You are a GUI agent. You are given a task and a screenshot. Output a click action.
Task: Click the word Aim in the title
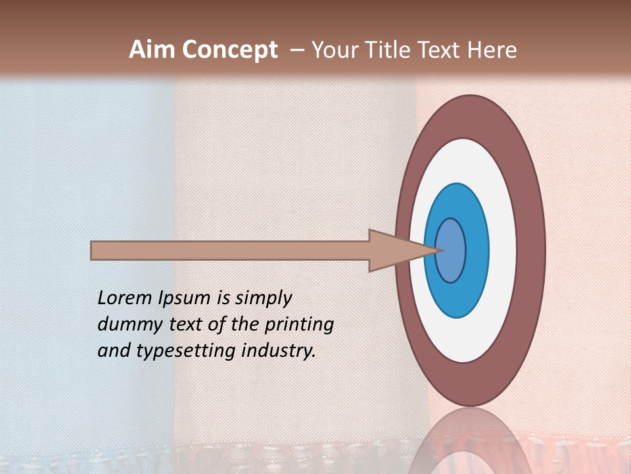[x=152, y=50]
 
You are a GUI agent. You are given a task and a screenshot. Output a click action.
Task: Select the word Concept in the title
[x=229, y=50]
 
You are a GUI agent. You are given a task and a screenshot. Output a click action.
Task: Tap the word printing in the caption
[x=299, y=325]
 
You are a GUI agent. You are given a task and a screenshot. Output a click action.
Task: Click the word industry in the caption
[x=279, y=351]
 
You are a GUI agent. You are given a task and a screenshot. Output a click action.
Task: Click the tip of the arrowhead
[x=441, y=250]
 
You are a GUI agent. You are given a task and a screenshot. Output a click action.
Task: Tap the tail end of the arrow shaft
[x=93, y=250]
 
